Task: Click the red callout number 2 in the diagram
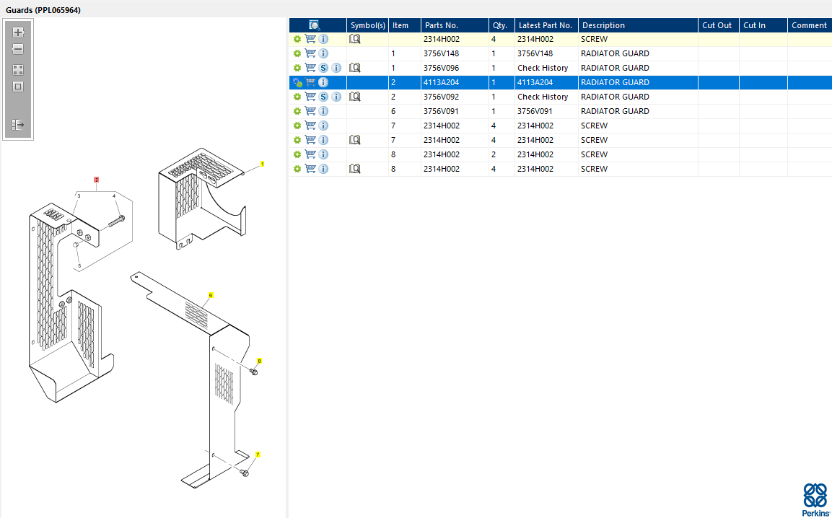[96, 179]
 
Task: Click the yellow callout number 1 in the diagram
[262, 164]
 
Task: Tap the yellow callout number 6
[211, 295]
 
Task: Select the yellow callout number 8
[259, 360]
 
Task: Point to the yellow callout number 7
[258, 455]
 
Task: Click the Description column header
[603, 25]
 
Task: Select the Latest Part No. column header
[545, 25]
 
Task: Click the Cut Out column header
[717, 25]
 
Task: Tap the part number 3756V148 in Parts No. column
[441, 53]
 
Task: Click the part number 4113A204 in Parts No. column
[441, 82]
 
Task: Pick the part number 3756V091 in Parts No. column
[441, 111]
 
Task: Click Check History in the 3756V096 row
[543, 68]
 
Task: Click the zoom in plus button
[18, 32]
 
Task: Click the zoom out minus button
[18, 50]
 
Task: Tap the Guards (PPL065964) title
[43, 10]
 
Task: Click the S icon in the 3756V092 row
[323, 97]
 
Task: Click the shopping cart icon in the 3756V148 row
[310, 53]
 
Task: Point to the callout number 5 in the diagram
[79, 266]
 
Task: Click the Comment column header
[809, 25]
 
